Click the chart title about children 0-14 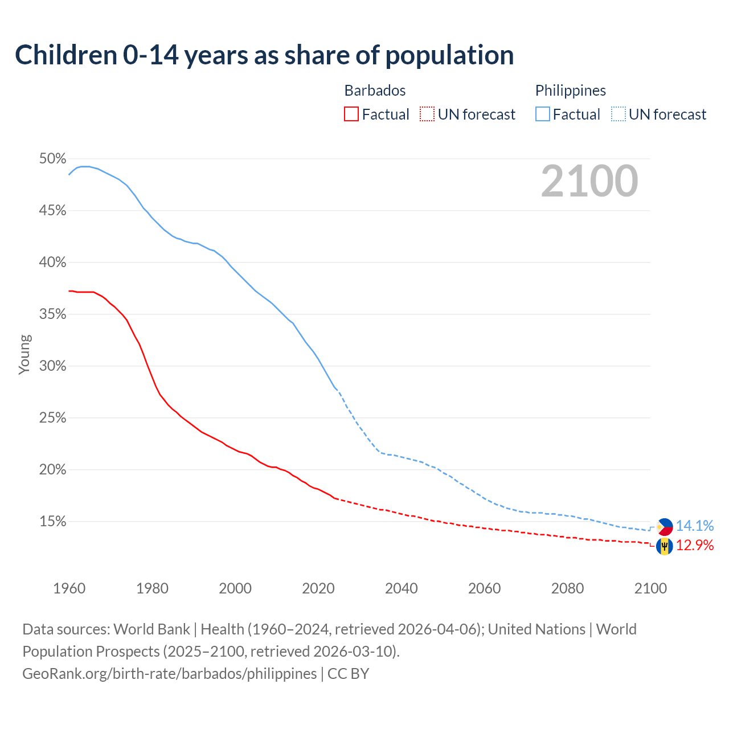click(264, 55)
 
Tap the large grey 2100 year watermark click(589, 181)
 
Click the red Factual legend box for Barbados click(351, 114)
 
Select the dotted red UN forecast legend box click(427, 114)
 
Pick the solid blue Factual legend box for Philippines click(543, 114)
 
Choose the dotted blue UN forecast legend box click(619, 114)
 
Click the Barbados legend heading click(375, 91)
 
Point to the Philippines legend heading click(570, 91)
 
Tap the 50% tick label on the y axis click(52, 159)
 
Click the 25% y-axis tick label click(52, 418)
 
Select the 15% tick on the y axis click(52, 522)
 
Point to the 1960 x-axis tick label click(69, 588)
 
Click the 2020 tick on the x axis click(318, 588)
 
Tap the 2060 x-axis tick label click(484, 588)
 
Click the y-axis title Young click(24, 354)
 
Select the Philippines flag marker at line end click(664, 527)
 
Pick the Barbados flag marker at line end click(664, 546)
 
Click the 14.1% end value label click(694, 526)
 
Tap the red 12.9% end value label click(694, 546)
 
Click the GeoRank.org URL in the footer click(169, 674)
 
